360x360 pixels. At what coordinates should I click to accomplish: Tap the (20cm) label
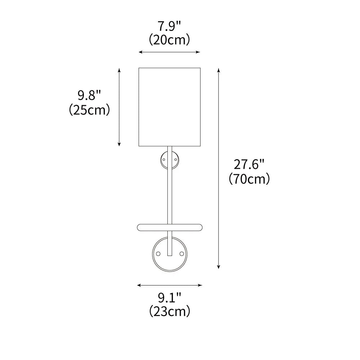tap(169, 40)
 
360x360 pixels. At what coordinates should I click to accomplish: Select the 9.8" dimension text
tap(89, 95)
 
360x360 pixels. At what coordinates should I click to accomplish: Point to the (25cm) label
tap(89, 109)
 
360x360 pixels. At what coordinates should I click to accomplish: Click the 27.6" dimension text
tap(249, 165)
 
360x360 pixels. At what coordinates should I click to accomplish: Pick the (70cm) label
tap(249, 179)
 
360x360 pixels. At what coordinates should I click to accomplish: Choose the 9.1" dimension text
tap(170, 297)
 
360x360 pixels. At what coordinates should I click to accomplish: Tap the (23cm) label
tap(170, 311)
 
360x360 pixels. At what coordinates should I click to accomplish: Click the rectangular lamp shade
tap(169, 107)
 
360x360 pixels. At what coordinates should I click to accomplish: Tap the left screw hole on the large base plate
tap(158, 254)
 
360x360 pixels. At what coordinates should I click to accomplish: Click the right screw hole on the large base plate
tap(181, 254)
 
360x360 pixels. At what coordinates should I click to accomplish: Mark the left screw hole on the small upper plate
tap(164, 159)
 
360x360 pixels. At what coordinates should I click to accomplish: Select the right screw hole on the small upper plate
tap(176, 159)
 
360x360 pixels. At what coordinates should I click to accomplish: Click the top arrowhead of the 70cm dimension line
tap(219, 69)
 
